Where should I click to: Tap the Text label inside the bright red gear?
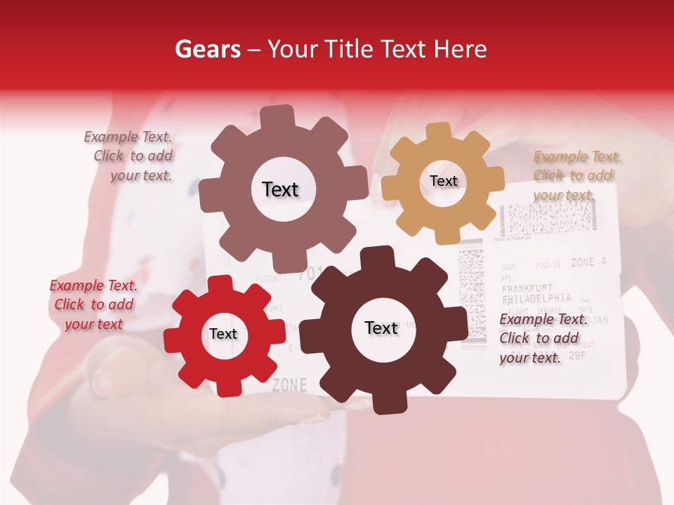[223, 335]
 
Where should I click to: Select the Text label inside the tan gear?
[443, 181]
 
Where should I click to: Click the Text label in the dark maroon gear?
[381, 328]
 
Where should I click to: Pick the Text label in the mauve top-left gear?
[280, 189]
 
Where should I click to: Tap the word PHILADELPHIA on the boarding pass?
[537, 297]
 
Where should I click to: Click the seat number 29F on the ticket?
[577, 356]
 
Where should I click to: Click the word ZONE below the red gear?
[289, 385]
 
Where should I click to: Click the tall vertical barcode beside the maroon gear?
[471, 295]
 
